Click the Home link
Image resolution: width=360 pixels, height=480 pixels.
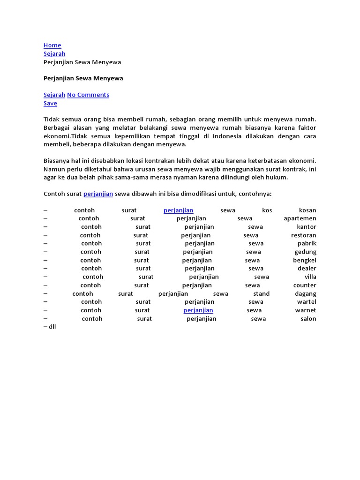pos(52,45)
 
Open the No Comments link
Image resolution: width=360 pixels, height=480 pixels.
pos(88,95)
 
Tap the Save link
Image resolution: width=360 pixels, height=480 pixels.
pos(50,103)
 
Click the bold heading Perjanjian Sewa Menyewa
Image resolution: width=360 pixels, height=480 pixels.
pos(83,78)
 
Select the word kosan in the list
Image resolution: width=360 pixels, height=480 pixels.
pos(307,210)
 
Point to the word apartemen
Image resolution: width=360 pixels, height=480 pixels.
pos(300,218)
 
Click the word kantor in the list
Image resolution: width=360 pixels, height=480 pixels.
pos(307,227)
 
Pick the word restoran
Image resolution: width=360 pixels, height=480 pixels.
pos(304,235)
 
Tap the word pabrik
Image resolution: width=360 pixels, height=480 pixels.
pos(307,243)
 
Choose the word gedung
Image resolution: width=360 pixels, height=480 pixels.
pos(305,252)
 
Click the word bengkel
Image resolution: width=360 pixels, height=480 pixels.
pos(305,260)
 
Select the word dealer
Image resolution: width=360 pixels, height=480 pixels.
pos(307,269)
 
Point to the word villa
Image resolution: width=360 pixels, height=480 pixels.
pos(310,277)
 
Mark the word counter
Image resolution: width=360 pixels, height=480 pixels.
pos(305,285)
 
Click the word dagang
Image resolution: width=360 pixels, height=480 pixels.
pos(306,294)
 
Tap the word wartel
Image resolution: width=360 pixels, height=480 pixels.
pos(307,302)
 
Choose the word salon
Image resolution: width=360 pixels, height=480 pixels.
pos(308,319)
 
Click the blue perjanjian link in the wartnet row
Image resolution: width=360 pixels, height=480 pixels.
pos(198,310)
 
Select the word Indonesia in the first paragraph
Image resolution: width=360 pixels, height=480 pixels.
pos(227,136)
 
